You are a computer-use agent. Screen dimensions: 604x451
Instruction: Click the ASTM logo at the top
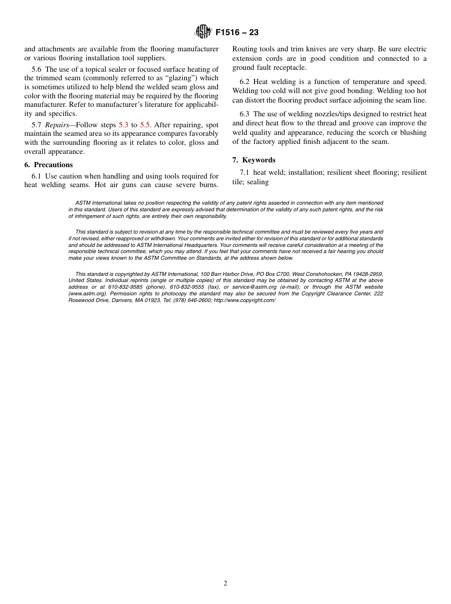tap(203, 32)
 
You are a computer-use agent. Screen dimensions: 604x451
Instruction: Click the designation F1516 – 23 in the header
tap(236, 33)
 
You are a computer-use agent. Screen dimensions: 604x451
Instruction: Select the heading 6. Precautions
tap(48, 165)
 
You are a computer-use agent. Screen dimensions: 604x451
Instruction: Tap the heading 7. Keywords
tap(254, 160)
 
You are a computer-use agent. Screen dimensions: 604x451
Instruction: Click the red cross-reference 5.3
tap(123, 125)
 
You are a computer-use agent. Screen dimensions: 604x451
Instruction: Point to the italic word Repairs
tap(57, 125)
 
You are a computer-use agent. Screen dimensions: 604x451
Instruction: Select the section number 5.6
tap(37, 69)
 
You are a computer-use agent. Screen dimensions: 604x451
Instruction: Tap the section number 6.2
tap(245, 82)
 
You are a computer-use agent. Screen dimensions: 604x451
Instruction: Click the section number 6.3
tap(245, 114)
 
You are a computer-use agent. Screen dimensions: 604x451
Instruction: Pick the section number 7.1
tap(245, 172)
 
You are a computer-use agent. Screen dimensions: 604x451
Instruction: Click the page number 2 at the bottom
tap(225, 584)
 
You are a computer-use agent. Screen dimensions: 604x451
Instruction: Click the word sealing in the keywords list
tap(258, 182)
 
